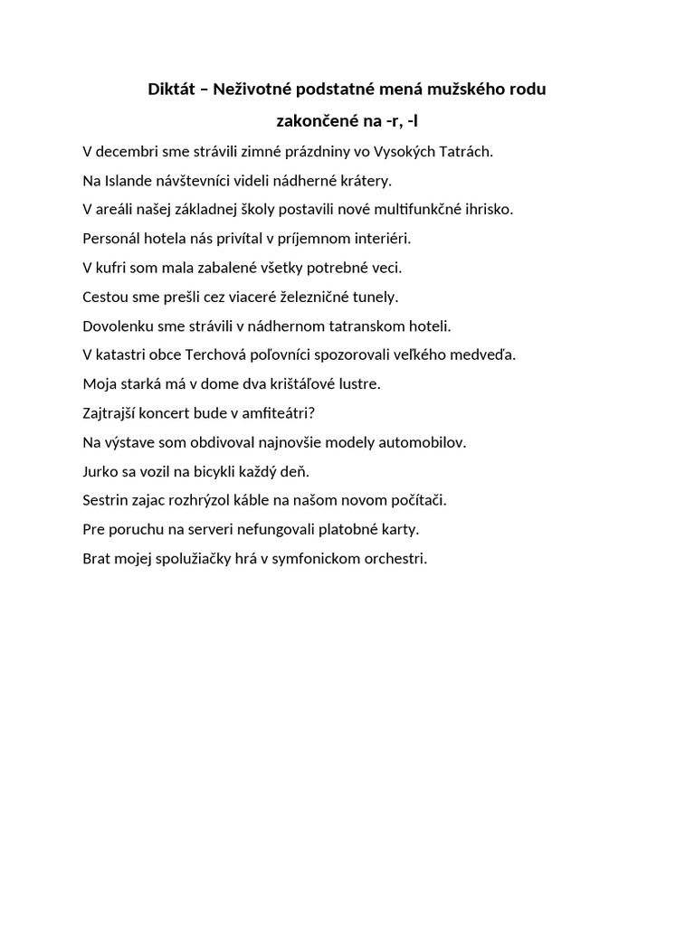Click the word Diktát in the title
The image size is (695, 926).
coord(170,90)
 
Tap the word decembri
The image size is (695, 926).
coord(127,152)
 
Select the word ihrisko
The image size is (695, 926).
coord(489,210)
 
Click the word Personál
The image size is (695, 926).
coord(111,239)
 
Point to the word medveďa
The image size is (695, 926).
coord(485,354)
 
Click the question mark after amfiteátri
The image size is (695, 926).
coord(311,413)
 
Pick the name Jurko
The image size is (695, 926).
coord(100,471)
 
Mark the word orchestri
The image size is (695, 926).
coord(390,558)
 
